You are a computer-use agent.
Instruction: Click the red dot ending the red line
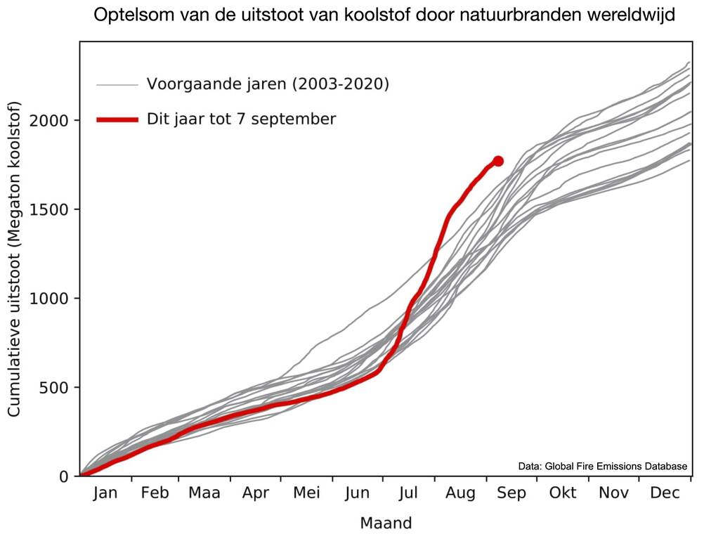coord(498,161)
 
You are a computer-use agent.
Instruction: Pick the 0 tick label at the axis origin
coord(65,476)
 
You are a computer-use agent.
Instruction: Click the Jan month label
coord(104,493)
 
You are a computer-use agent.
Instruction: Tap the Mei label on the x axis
coord(306,493)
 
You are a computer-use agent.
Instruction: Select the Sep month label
coord(511,493)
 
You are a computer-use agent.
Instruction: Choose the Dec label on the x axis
coord(665,493)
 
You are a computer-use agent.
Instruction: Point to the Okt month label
coord(563,493)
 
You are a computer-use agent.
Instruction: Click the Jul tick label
coord(409,493)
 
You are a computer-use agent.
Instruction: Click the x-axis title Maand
coord(386,523)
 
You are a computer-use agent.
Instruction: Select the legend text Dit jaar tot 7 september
coord(241,119)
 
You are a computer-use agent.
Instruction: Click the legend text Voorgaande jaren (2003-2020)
coord(268,84)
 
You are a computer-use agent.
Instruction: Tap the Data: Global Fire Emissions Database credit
coord(602,465)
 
